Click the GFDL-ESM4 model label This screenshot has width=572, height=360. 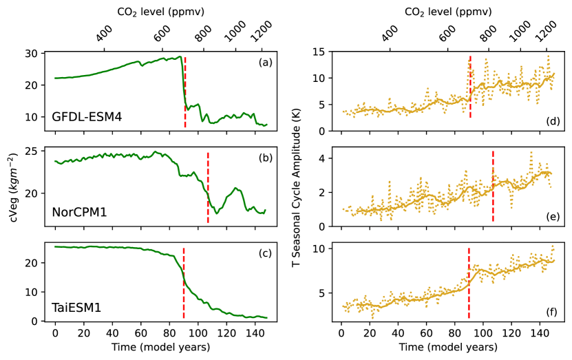pyautogui.click(x=87, y=116)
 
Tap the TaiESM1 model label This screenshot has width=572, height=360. pyautogui.click(x=76, y=308)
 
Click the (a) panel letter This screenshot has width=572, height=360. pyautogui.click(x=265, y=63)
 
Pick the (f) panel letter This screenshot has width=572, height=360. pyautogui.click(x=551, y=312)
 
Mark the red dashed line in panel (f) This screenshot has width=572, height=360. pyautogui.click(x=469, y=282)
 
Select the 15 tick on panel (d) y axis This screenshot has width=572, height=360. pyautogui.click(x=319, y=52)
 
